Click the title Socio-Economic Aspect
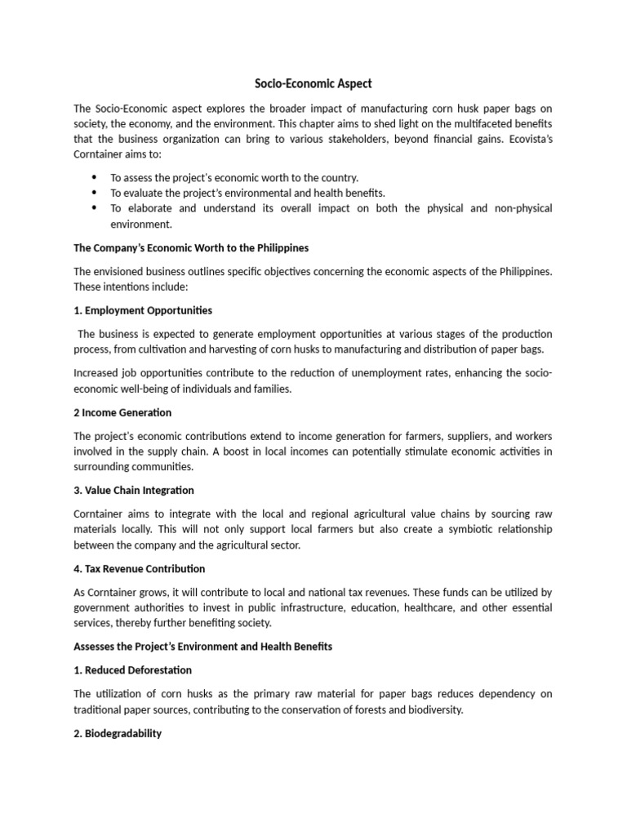coord(314,83)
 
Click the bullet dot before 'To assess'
coord(94,177)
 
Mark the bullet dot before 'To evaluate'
coord(94,193)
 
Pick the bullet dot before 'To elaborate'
coord(94,208)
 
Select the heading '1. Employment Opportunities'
coord(143,310)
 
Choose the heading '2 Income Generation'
coord(122,412)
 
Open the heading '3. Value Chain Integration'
coord(134,491)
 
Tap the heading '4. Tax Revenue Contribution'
coord(139,568)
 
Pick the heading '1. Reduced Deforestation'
coord(133,670)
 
